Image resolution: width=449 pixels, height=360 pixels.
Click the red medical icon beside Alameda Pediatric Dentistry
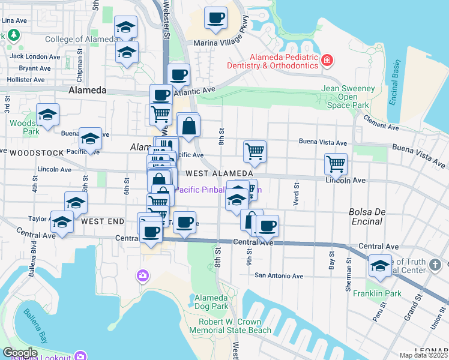[x=327, y=60]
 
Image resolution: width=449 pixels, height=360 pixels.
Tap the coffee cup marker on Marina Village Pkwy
[x=215, y=17]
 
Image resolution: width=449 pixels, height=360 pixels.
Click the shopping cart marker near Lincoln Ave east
[x=336, y=163]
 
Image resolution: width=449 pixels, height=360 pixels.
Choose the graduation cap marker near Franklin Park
[x=379, y=265]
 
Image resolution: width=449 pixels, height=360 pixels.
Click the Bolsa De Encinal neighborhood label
[x=366, y=217]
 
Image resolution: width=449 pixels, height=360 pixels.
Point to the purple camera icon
[x=142, y=275]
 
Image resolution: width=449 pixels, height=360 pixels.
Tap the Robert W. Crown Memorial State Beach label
[x=231, y=325]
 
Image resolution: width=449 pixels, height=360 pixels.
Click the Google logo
[x=20, y=353]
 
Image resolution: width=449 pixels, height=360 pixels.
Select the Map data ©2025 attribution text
[x=423, y=355]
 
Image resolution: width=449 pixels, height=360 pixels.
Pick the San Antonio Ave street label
[x=279, y=276]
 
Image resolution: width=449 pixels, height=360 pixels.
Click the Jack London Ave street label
[x=35, y=57]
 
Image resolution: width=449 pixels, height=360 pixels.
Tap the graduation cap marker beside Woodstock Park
[x=47, y=114]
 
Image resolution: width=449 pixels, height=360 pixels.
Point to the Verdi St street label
[x=296, y=196]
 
